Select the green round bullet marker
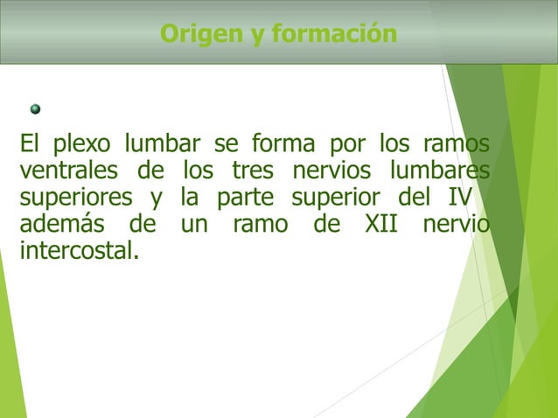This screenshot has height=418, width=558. coord(36,109)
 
